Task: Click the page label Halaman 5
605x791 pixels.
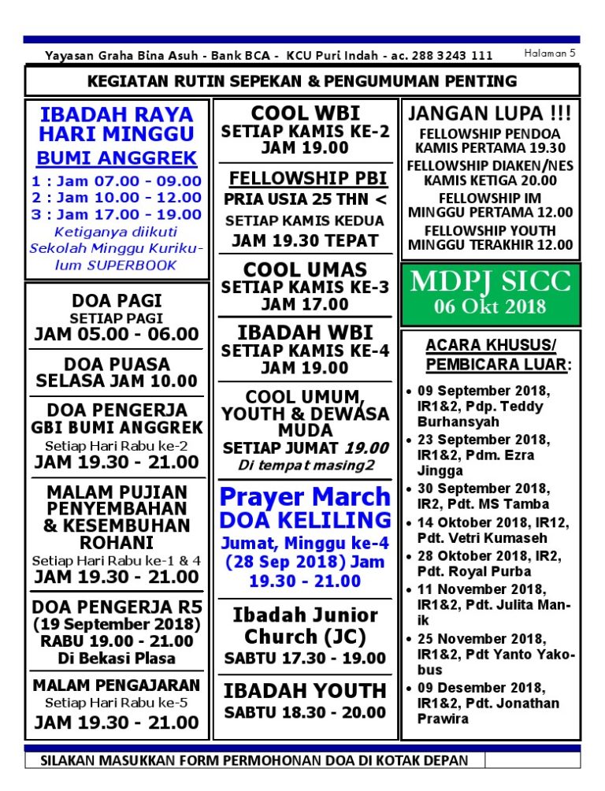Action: pos(550,54)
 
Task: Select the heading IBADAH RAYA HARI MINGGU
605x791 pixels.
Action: pos(117,124)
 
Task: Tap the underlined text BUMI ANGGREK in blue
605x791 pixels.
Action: pos(117,158)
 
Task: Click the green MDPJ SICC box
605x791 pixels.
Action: pos(491,293)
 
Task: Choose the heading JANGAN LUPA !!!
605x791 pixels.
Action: pos(490,112)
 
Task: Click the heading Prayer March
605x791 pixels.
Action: pos(304,496)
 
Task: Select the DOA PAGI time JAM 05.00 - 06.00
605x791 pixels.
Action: pos(117,334)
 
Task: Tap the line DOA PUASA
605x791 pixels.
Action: pos(117,364)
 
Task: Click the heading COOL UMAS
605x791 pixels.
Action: pos(305,269)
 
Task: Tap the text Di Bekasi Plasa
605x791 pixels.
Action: pos(117,658)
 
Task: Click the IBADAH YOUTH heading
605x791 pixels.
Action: pos(305,691)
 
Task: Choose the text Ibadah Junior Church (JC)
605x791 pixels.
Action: pos(305,626)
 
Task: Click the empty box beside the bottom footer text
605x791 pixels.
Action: pos(532,760)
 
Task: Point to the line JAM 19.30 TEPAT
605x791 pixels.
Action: pos(305,241)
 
